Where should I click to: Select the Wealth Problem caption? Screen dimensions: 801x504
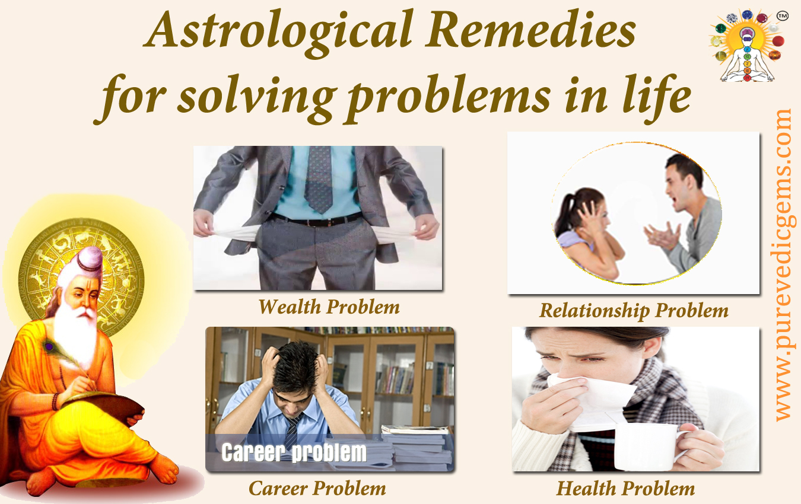click(x=329, y=307)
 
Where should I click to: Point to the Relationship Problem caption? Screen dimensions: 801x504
click(x=634, y=310)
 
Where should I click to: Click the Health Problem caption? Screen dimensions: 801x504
click(x=625, y=488)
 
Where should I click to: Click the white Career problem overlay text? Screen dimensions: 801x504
click(x=294, y=452)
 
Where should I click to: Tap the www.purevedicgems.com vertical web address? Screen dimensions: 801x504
click(x=785, y=265)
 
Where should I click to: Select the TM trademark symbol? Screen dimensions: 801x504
click(x=783, y=16)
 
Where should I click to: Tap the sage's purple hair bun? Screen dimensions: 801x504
click(x=90, y=260)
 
